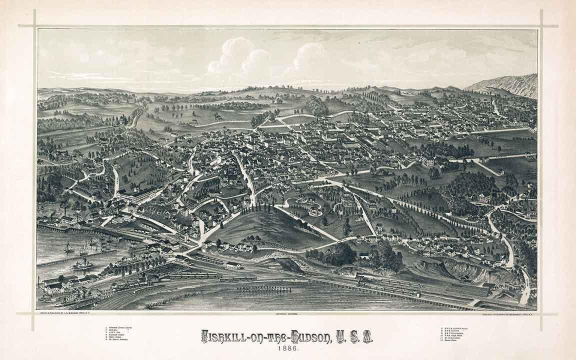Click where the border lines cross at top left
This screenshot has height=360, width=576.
pos(34,26)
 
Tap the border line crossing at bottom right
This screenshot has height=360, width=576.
pos(541,314)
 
